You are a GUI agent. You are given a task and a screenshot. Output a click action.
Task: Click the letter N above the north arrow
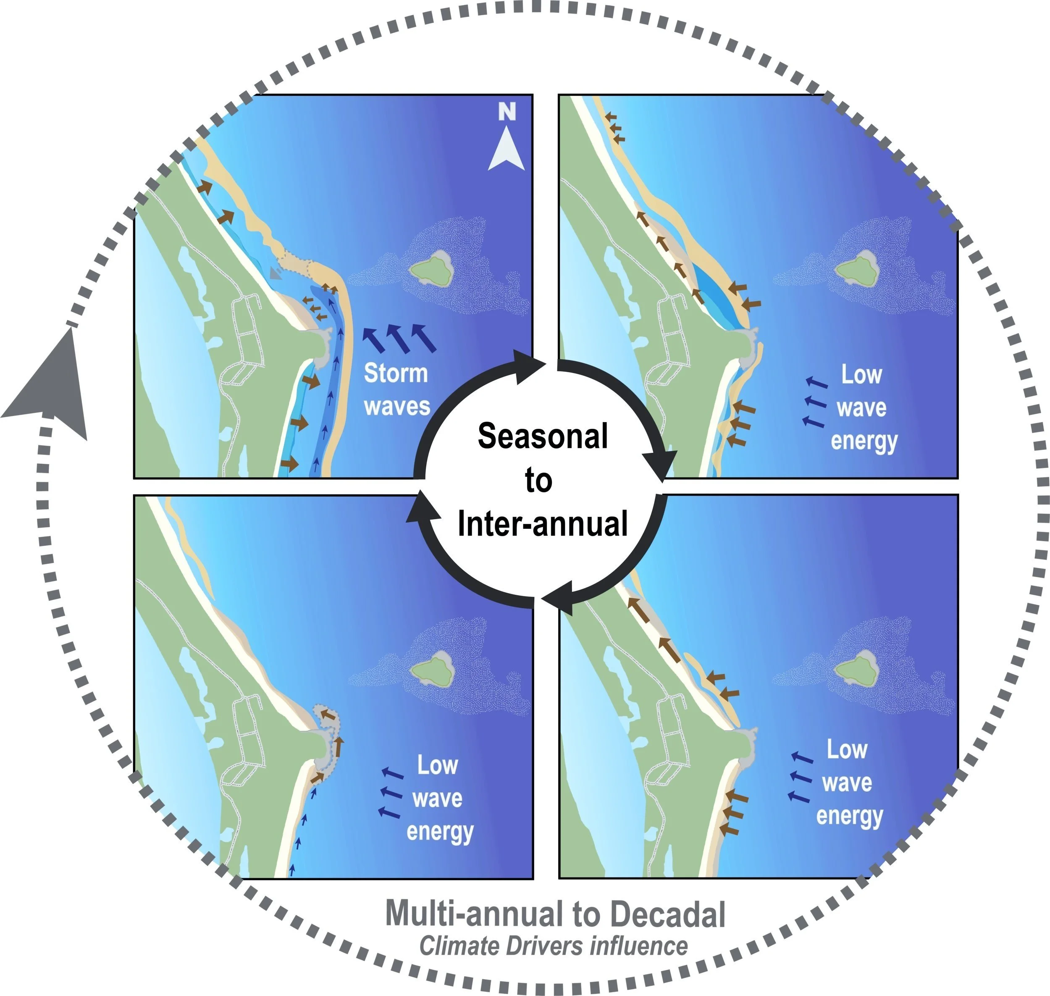click(507, 112)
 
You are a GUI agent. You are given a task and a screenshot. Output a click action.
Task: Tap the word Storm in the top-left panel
click(396, 373)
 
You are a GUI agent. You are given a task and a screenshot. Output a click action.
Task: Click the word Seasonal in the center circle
click(543, 436)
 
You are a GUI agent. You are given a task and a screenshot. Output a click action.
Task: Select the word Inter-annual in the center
click(543, 524)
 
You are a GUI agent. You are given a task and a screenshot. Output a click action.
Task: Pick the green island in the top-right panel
click(856, 271)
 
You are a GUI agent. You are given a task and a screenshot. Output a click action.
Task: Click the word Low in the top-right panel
click(861, 375)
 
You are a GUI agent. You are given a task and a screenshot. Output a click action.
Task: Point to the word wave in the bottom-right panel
click(847, 783)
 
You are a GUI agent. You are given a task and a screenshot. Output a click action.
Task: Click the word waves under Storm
click(397, 407)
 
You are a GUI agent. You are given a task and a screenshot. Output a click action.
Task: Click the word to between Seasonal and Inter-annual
click(538, 481)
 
